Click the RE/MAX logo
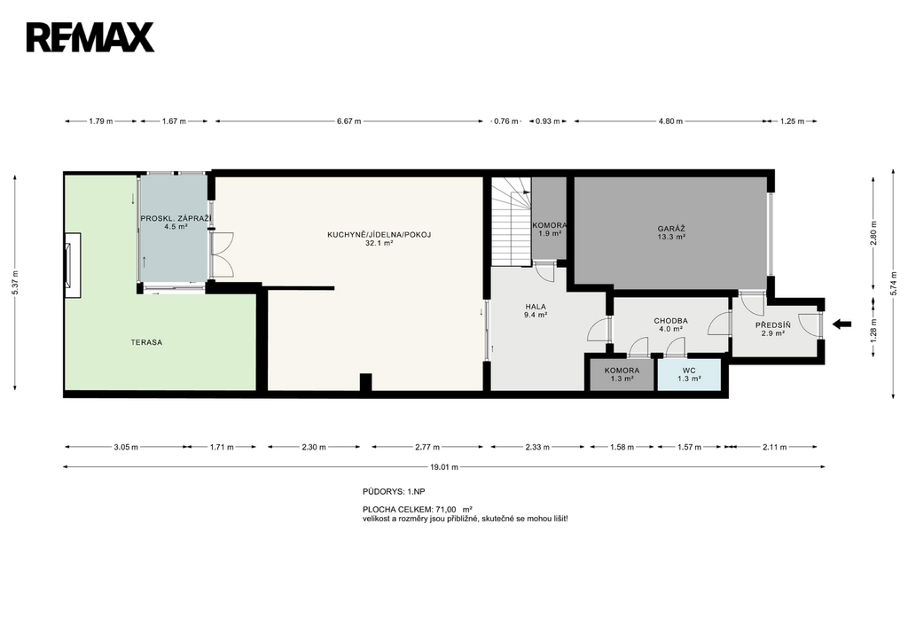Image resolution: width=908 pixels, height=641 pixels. click(x=90, y=37)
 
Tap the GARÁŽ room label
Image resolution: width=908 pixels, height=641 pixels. click(x=671, y=229)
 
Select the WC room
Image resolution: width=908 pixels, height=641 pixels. click(x=689, y=375)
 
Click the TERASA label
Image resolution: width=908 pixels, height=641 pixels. click(x=146, y=342)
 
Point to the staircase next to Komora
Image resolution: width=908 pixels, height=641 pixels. click(x=512, y=221)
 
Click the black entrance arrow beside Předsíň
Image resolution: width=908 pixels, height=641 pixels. click(x=842, y=324)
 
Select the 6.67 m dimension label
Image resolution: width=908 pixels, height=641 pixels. click(x=349, y=121)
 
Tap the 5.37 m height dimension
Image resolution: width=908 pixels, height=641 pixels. click(x=16, y=283)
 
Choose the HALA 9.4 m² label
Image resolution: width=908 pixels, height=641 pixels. click(x=536, y=311)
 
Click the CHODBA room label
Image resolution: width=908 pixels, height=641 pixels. click(x=670, y=321)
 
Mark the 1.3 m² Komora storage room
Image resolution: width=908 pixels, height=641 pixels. click(x=622, y=375)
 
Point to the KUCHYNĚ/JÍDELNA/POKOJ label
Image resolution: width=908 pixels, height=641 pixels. click(x=380, y=235)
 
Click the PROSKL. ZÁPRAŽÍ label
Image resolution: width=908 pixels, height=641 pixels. click(x=176, y=218)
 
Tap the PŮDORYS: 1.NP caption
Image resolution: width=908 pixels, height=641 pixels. click(x=394, y=491)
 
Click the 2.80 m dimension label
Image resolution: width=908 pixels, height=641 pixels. click(x=873, y=233)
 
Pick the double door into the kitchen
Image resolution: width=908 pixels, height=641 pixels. click(x=223, y=254)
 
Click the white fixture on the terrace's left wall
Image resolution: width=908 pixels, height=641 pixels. click(x=73, y=265)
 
